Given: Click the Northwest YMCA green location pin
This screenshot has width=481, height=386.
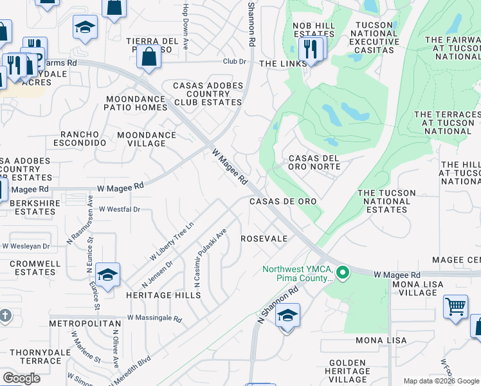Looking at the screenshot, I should click(343, 273).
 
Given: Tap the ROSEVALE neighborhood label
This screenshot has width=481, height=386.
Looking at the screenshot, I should click(264, 239).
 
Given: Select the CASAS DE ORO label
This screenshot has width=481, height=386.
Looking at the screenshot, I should click(283, 201).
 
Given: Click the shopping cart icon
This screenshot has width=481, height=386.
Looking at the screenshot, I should click(455, 306).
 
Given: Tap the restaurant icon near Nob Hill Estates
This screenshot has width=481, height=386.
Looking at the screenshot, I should click(311, 48).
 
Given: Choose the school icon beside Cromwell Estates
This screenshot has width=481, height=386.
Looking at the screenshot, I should click(108, 275).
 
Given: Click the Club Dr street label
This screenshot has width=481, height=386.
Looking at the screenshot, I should click(235, 62).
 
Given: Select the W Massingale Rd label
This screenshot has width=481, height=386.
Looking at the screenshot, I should click(154, 318).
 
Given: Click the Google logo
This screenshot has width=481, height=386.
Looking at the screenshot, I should click(21, 378).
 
